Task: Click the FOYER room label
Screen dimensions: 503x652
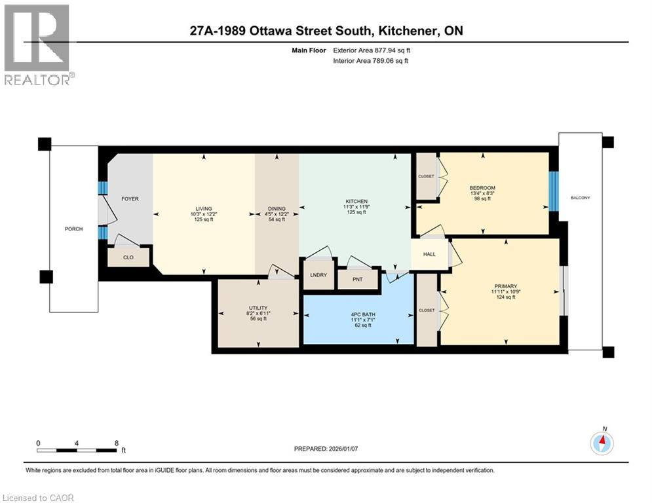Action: coord(130,198)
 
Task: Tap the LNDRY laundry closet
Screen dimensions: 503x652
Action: coord(318,275)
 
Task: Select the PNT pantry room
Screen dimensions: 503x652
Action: coord(357,279)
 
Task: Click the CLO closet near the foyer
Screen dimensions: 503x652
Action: coord(128,257)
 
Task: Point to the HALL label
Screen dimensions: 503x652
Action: coord(429,255)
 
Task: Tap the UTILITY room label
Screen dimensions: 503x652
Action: coord(258,308)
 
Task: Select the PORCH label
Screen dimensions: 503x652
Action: coord(73,229)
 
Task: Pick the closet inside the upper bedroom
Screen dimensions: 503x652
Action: coord(427,176)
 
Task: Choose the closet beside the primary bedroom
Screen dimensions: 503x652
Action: coord(427,310)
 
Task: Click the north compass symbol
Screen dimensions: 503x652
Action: coord(601,443)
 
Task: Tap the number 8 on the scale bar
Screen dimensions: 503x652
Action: coord(116,443)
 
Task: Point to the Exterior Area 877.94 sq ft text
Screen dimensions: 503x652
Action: coord(373,50)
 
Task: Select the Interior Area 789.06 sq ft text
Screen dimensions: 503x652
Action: coord(372,61)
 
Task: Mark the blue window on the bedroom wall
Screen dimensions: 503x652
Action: coord(553,191)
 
